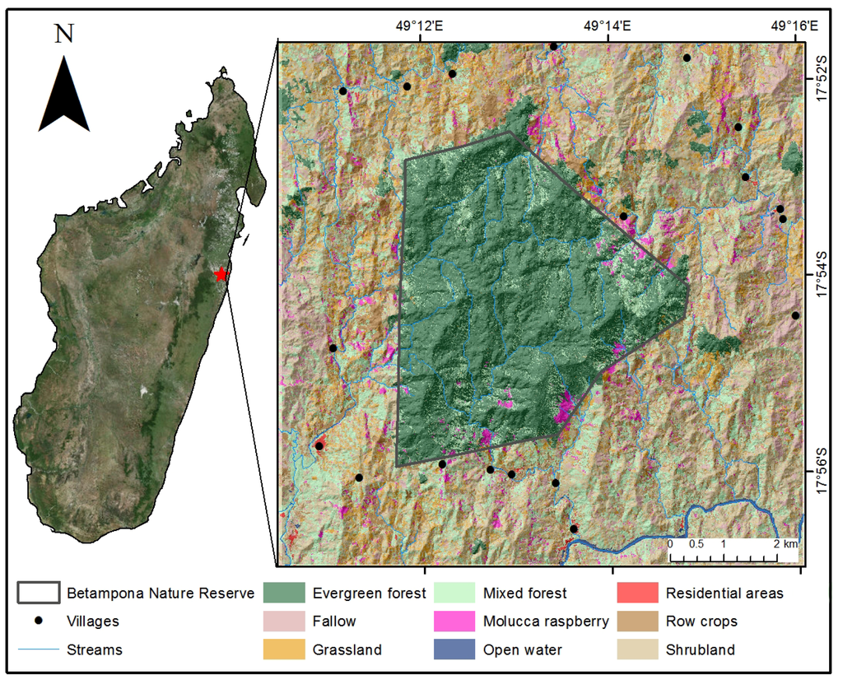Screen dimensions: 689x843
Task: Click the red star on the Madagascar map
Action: coord(220,274)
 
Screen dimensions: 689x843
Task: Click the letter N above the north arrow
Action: coord(63,34)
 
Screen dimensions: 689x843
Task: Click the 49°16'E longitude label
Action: coord(794,26)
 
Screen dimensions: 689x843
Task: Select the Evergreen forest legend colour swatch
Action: coord(284,593)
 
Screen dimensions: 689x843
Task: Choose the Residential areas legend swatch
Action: coord(638,593)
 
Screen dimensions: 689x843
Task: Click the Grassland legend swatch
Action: coord(284,649)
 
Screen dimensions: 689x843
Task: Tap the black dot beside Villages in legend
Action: coord(39,621)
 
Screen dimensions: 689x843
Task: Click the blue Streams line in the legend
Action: coord(39,649)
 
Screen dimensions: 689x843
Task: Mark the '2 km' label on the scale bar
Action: coord(785,544)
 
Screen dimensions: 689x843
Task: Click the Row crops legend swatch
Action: coord(638,621)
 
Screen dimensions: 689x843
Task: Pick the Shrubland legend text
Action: coord(700,649)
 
